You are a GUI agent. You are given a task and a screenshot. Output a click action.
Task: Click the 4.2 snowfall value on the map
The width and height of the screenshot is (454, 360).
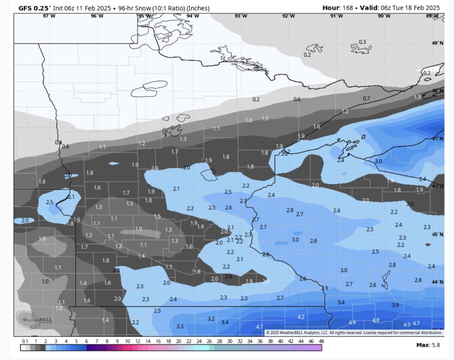[x=301, y=317]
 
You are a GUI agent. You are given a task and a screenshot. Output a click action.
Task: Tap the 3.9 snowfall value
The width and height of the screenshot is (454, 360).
[x=395, y=305]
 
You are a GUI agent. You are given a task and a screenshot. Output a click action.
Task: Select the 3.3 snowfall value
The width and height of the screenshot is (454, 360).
[x=180, y=326]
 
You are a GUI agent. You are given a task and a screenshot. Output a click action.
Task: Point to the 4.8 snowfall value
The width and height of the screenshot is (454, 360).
[x=376, y=320]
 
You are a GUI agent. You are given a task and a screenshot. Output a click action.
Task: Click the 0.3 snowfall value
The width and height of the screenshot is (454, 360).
[x=362, y=42]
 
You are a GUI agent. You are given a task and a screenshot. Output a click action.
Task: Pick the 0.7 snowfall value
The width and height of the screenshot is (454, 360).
[x=366, y=98]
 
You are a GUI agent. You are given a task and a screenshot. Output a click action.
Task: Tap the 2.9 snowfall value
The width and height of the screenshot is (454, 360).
[x=325, y=288]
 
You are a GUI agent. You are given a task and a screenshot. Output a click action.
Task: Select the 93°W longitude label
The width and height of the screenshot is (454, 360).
[x=241, y=16]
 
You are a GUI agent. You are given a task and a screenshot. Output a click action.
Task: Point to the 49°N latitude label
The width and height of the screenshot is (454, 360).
[x=437, y=43]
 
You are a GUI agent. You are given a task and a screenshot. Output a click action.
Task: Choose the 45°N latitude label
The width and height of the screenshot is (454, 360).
[x=437, y=234]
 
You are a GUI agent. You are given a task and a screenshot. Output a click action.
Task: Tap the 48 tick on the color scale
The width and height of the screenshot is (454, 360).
[x=321, y=341]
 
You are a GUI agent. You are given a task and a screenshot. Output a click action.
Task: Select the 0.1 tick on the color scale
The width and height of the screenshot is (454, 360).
[x=25, y=341]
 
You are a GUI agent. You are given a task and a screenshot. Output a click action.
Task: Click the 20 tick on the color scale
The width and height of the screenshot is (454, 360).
[x=178, y=341]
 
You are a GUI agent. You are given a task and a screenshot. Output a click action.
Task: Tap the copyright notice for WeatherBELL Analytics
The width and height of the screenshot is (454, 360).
[x=354, y=333]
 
